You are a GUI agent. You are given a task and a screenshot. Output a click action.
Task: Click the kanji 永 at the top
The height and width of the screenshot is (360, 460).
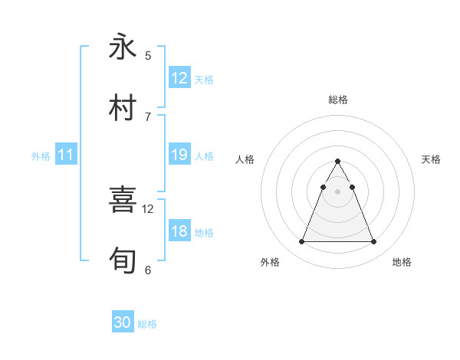(x=123, y=47)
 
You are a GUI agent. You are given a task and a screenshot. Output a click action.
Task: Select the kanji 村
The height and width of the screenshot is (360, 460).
(x=123, y=108)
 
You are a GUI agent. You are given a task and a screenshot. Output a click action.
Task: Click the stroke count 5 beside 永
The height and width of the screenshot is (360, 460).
(x=148, y=55)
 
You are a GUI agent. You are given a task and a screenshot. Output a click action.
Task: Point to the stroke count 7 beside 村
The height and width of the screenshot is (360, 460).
(x=148, y=116)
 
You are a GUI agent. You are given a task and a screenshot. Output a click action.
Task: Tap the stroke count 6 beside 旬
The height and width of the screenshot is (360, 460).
(x=148, y=270)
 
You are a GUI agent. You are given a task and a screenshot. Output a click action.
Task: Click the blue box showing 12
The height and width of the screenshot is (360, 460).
(x=179, y=78)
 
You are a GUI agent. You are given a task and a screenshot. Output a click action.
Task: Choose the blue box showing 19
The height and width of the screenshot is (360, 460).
(x=179, y=155)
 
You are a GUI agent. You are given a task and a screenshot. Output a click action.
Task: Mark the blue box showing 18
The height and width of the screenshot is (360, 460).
(x=179, y=231)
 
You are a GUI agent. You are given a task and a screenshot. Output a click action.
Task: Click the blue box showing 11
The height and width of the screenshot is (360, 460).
(x=66, y=155)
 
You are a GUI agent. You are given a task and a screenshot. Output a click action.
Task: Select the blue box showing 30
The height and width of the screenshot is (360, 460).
(x=123, y=322)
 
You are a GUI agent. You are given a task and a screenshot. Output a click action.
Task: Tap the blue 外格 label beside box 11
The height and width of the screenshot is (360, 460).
(x=41, y=155)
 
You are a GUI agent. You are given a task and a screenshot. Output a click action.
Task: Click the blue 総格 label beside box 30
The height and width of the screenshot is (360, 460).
(x=148, y=324)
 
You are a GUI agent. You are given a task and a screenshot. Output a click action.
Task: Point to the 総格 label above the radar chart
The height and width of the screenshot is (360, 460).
(x=337, y=100)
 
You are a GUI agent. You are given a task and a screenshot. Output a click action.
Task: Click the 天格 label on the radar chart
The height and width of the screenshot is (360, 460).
(x=431, y=159)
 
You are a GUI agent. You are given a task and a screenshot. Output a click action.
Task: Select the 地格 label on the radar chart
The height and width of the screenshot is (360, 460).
(x=402, y=262)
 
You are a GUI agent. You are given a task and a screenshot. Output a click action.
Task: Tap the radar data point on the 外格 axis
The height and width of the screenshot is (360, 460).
(x=301, y=242)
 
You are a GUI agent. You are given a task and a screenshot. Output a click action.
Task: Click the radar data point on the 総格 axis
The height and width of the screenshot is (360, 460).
(x=337, y=162)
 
